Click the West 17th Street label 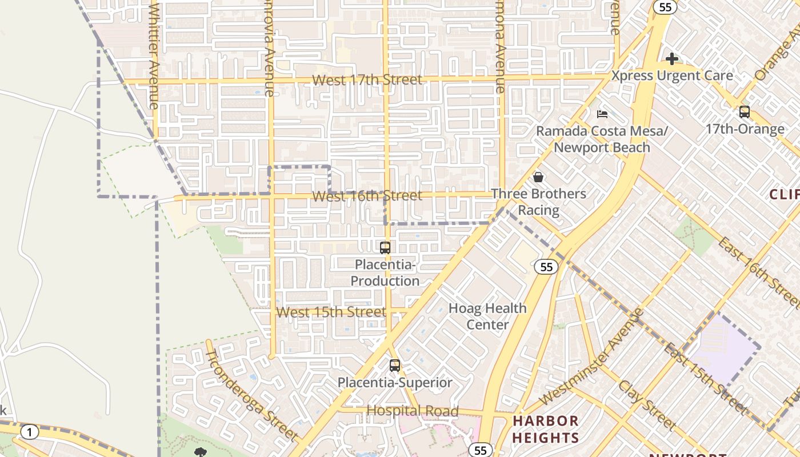[367, 80]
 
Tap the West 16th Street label [367, 196]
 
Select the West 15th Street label [331, 312]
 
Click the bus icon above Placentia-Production [385, 247]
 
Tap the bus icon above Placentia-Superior [394, 366]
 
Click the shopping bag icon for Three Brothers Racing [538, 177]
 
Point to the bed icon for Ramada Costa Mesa [602, 114]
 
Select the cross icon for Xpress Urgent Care [672, 59]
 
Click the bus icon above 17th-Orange [744, 112]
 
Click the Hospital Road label [412, 411]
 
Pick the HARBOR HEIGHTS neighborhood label [546, 430]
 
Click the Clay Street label [647, 405]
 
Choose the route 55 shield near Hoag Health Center [547, 267]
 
